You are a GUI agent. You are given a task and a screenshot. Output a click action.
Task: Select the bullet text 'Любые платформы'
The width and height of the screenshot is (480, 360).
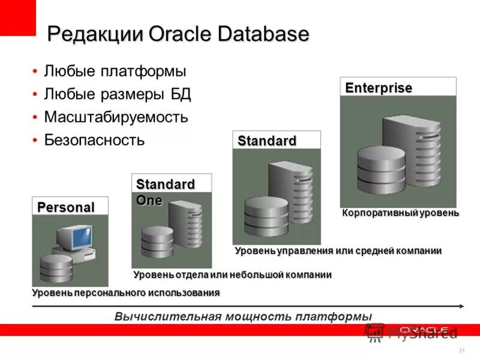click(115, 71)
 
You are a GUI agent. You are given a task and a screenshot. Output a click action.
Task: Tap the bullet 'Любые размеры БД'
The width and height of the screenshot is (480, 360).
click(117, 94)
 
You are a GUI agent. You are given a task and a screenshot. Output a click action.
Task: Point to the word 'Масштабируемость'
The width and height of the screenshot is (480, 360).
click(116, 117)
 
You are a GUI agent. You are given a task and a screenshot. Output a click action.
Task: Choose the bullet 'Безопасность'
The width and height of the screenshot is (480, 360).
click(94, 140)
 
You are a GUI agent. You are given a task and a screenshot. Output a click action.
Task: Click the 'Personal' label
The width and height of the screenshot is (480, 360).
click(66, 208)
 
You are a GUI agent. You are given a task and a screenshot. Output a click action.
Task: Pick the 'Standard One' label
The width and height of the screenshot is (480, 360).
click(157, 191)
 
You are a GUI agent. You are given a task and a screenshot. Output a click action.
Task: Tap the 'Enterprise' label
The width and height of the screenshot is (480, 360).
click(379, 88)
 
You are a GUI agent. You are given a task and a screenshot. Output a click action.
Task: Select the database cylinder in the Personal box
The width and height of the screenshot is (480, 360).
click(56, 268)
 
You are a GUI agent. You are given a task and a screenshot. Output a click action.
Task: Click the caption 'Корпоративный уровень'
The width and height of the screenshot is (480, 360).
click(400, 212)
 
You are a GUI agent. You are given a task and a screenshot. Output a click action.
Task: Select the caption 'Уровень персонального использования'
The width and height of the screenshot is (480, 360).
click(125, 292)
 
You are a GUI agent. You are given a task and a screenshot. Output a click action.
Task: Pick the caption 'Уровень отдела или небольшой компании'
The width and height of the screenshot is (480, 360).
click(232, 274)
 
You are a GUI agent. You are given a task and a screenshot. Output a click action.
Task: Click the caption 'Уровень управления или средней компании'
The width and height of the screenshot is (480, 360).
click(338, 250)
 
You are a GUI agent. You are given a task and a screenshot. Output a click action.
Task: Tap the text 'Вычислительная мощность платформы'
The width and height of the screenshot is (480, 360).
click(243, 316)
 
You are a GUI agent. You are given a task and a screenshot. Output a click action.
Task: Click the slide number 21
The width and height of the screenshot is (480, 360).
click(461, 350)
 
